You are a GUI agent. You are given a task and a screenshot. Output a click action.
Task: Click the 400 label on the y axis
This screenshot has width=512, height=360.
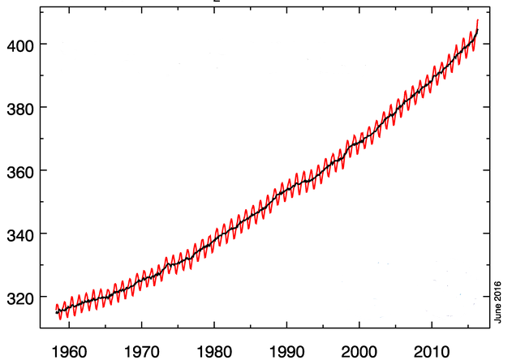[x=19, y=44]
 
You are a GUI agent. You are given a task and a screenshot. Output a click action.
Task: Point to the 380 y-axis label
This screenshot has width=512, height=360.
[x=19, y=107]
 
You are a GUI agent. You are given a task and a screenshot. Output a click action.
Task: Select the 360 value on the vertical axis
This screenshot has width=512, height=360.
[x=19, y=171]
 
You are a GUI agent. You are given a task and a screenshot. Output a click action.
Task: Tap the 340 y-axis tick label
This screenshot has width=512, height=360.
[x=19, y=234]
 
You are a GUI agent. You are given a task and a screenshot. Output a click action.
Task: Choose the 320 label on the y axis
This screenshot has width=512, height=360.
[x=19, y=298]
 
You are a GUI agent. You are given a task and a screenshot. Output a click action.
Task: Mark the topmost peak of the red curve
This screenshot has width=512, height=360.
[x=477, y=19]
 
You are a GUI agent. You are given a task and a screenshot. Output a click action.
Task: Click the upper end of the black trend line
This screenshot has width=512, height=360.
[x=478, y=29]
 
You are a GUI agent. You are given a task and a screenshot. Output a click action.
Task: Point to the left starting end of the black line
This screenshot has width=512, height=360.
[x=55, y=311]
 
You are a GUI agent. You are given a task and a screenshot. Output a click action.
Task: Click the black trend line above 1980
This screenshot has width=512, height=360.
[x=214, y=234]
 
